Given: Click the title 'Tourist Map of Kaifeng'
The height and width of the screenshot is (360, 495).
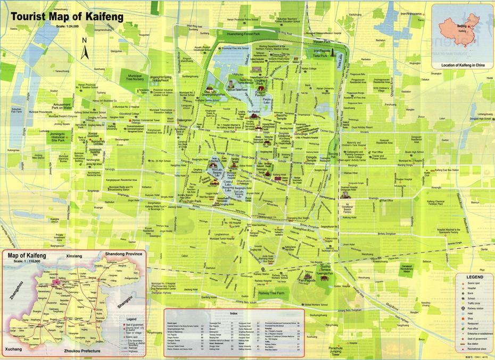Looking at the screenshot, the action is (x=67, y=16).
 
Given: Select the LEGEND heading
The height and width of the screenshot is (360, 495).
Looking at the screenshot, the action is (x=475, y=278).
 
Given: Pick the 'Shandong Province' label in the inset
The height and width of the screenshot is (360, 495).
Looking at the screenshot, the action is (x=123, y=254).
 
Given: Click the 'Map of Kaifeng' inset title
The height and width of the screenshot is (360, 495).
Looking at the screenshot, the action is (x=27, y=256).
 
